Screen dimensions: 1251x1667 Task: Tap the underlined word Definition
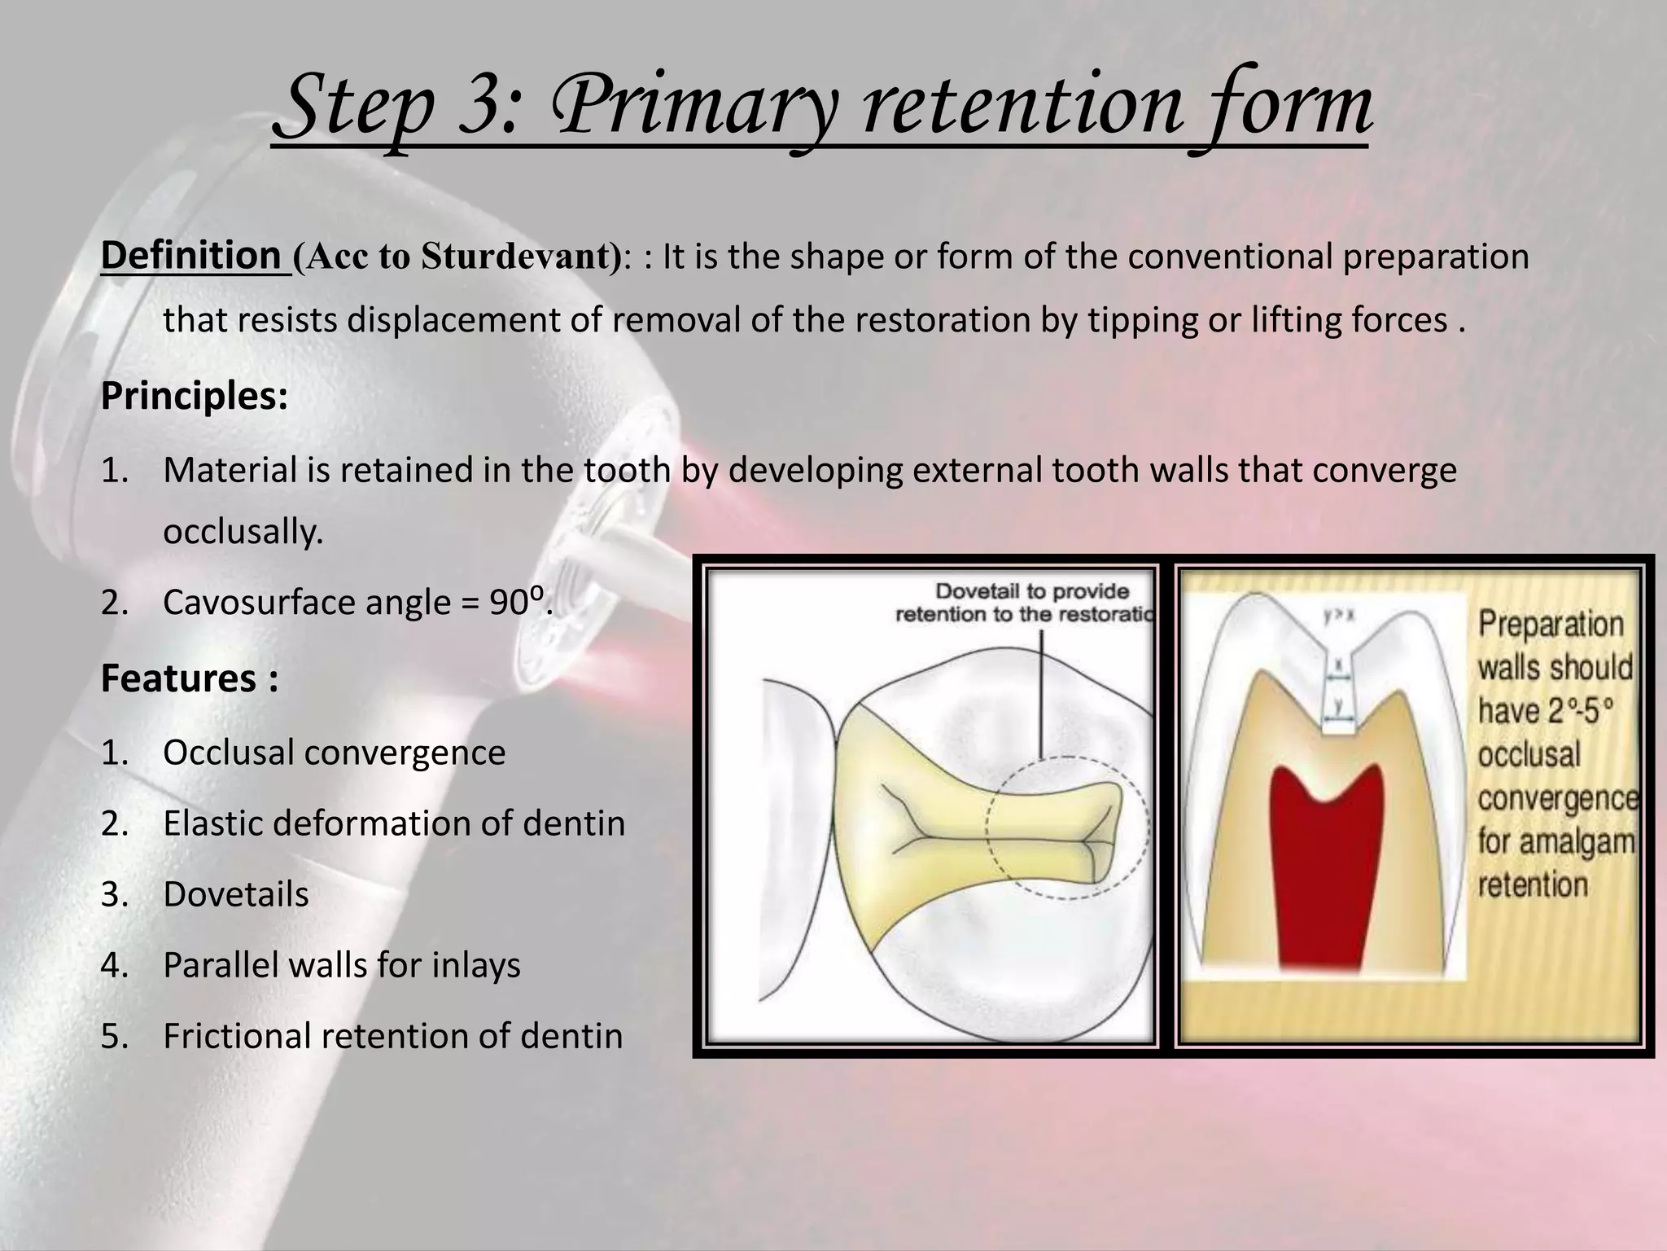pyautogui.click(x=190, y=256)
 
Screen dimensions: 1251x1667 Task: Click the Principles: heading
pyautogui.click(x=194, y=396)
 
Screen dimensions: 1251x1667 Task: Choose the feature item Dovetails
pyautogui.click(x=236, y=894)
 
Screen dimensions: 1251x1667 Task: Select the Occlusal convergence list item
pyautogui.click(x=334, y=752)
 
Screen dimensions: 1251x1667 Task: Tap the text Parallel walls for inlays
pyautogui.click(x=342, y=965)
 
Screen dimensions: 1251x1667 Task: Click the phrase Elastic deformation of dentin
pyautogui.click(x=394, y=823)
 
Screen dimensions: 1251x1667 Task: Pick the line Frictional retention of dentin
pyautogui.click(x=392, y=1036)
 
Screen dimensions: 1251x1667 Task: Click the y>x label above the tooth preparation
pyautogui.click(x=1338, y=617)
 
